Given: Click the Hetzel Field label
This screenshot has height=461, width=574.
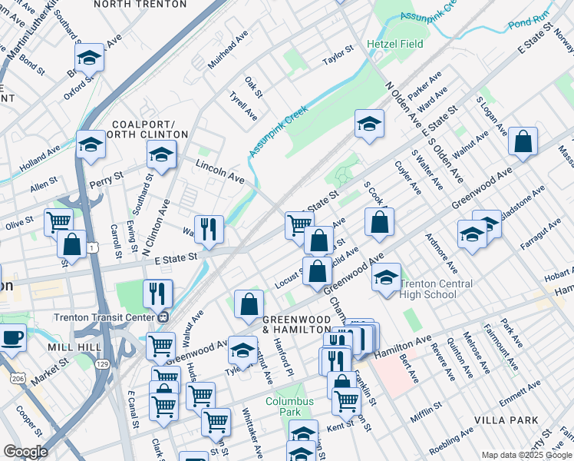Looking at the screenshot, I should (394, 44).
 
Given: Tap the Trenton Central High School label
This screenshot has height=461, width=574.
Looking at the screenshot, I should (428, 289).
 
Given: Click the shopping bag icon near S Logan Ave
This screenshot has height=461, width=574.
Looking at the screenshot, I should (523, 142).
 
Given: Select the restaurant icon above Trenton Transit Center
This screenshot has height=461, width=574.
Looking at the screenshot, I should (157, 294).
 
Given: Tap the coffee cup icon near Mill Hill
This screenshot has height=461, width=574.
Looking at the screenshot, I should (12, 337).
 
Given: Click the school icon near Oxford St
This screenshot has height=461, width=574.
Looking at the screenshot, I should (90, 58).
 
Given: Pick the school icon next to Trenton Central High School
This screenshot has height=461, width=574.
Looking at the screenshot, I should (387, 277).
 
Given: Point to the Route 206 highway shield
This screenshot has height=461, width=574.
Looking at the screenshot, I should (17, 378).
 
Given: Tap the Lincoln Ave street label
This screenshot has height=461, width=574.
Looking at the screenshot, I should (220, 171).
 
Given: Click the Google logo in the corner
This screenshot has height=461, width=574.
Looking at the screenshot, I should (25, 451).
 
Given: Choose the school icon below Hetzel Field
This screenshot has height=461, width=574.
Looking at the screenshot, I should (369, 124).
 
